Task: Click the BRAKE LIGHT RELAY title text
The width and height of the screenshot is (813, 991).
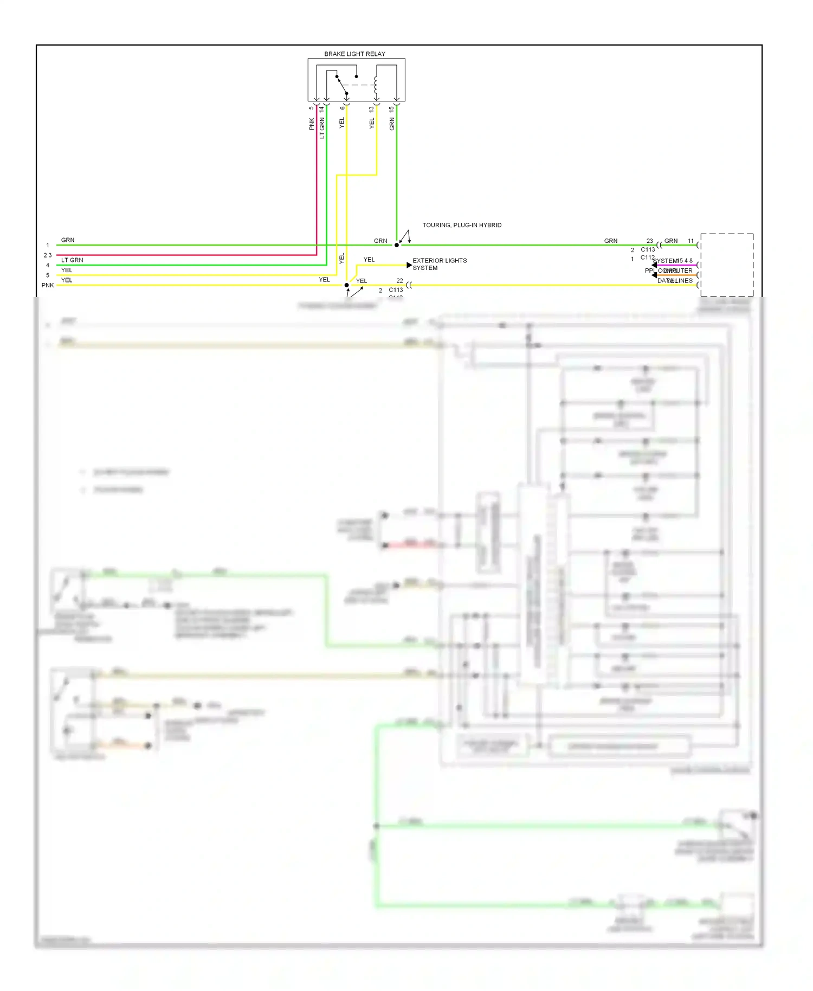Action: [x=354, y=54]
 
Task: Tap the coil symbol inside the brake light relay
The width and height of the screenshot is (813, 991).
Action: [x=375, y=86]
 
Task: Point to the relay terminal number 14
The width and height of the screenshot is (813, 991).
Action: [x=321, y=109]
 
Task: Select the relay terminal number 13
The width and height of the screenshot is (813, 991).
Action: [x=371, y=109]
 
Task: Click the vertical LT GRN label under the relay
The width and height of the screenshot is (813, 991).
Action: [x=321, y=128]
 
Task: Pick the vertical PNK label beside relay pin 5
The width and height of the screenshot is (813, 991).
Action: [x=312, y=124]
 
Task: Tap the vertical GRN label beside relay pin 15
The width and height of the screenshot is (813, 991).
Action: [x=391, y=124]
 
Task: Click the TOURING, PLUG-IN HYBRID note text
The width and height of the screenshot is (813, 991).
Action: [x=462, y=225]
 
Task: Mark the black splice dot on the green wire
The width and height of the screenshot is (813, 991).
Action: [x=397, y=245]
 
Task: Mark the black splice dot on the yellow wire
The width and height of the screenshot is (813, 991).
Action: [x=346, y=285]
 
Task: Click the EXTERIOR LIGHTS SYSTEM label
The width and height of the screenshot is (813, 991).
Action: [x=439, y=264]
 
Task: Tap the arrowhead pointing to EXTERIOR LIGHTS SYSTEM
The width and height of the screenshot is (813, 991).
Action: [x=409, y=265]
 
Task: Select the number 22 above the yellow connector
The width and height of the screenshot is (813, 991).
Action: [x=399, y=280]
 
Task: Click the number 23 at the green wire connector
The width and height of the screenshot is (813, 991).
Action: [x=649, y=241]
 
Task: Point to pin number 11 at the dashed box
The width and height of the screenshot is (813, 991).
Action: [x=691, y=241]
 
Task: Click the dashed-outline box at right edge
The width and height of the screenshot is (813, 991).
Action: [x=726, y=265]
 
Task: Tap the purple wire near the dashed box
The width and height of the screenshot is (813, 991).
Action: [x=677, y=265]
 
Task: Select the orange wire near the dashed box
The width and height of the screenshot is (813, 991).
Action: [x=677, y=275]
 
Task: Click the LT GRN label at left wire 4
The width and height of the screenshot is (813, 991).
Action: [x=72, y=260]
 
